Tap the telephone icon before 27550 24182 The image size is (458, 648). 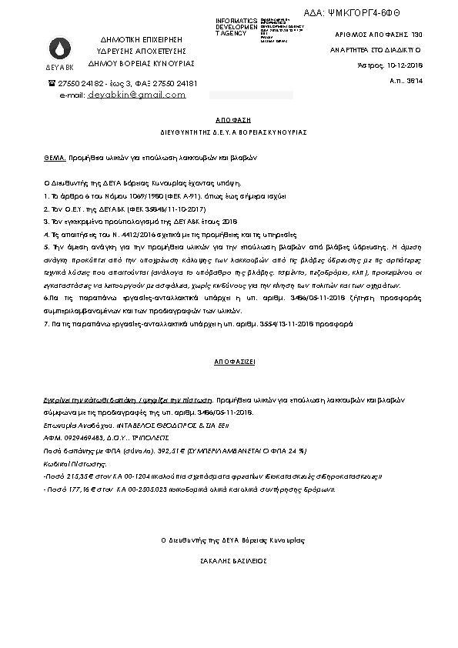click(52, 83)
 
